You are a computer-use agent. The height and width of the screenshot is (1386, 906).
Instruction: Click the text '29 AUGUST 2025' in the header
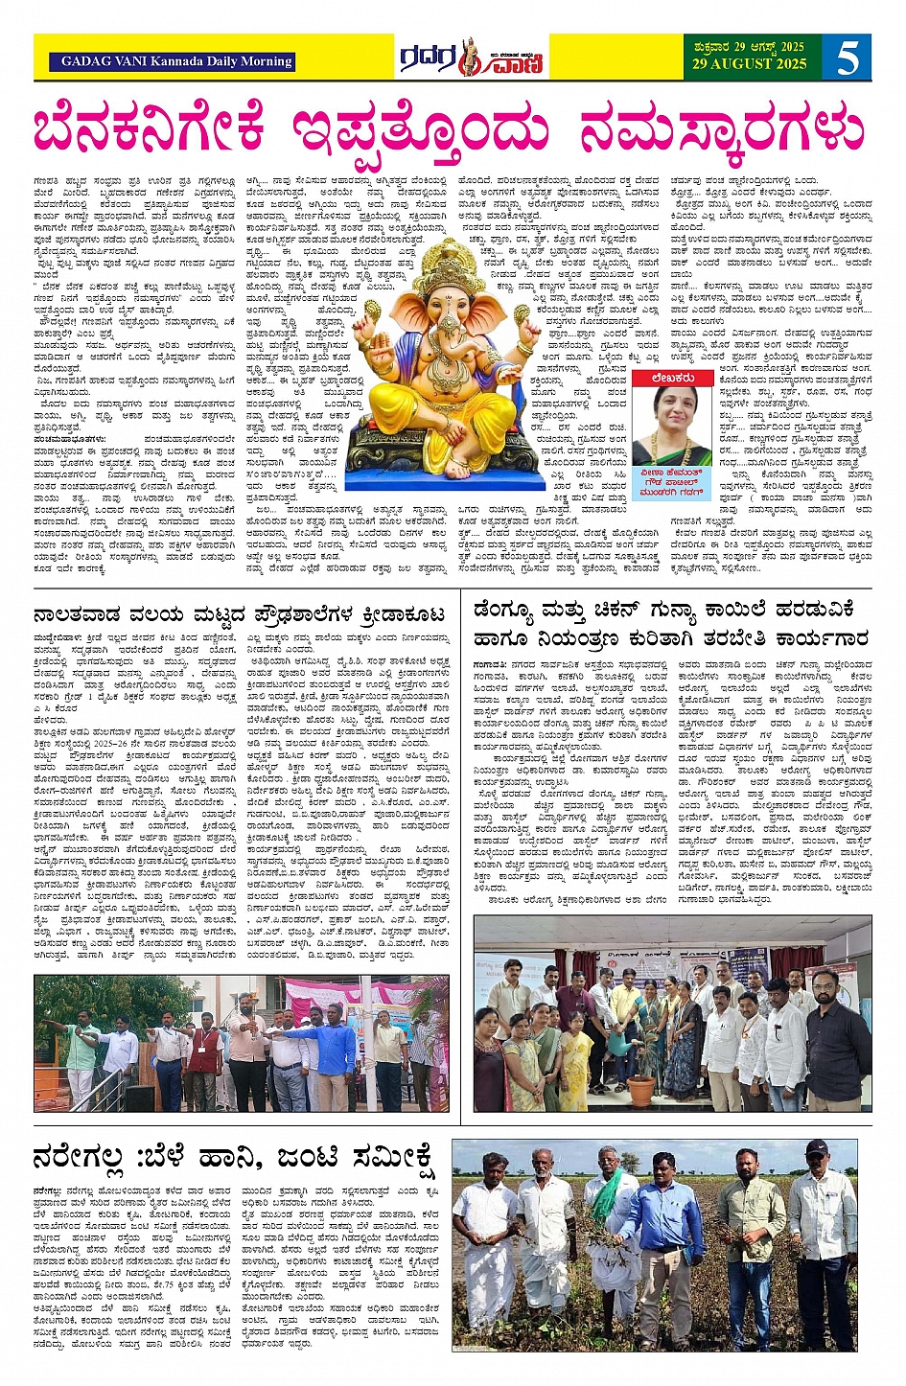[751, 64]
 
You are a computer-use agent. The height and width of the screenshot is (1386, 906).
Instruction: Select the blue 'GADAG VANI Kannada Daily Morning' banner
[176, 61]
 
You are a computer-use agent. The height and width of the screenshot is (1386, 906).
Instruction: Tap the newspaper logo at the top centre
[472, 58]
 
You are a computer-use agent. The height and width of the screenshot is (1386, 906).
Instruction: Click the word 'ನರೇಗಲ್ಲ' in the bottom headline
[79, 1159]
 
